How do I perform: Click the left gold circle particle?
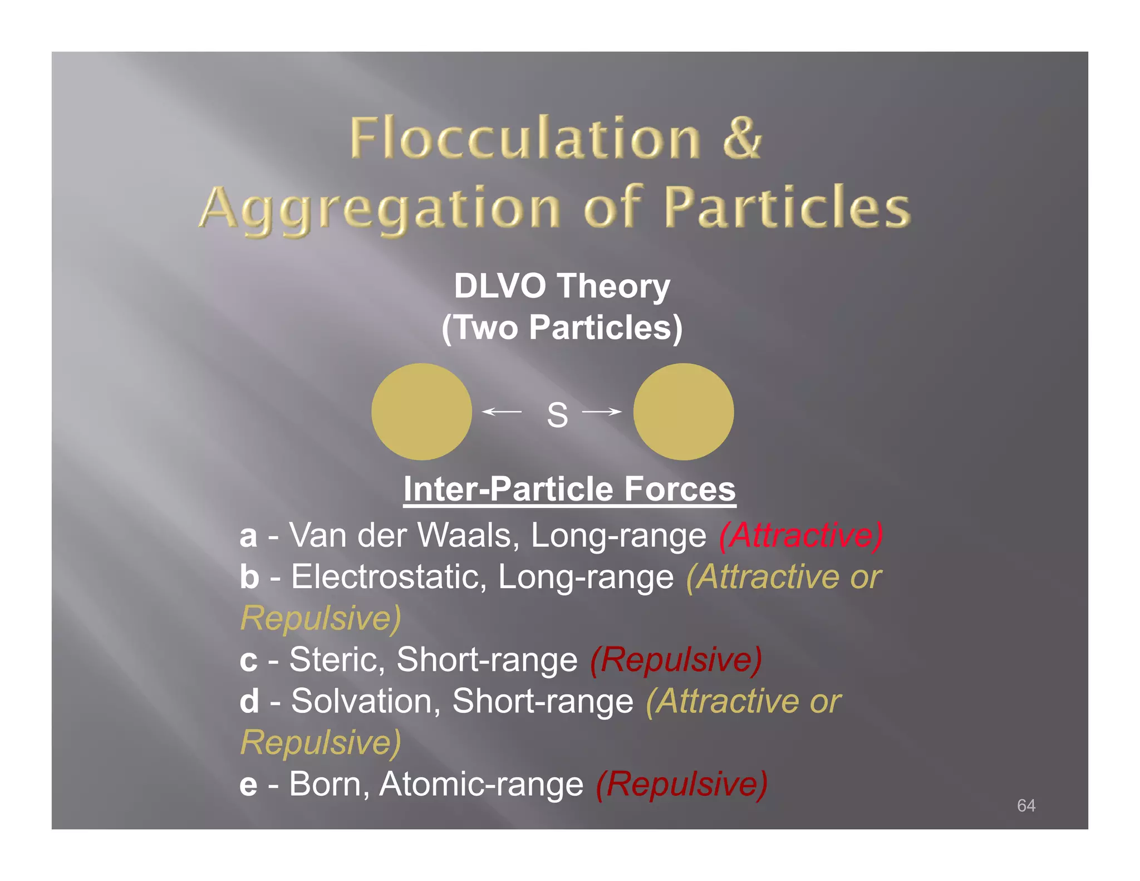421,412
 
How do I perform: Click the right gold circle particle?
683,412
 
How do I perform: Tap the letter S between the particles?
557,415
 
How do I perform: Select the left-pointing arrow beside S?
502,412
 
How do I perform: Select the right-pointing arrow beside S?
602,412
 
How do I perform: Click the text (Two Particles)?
562,327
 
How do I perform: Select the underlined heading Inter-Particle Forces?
569,489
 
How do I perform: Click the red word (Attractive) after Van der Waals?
800,535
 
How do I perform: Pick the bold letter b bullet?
249,576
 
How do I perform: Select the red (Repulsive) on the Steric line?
676,659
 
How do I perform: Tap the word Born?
329,784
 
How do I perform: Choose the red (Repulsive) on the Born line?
681,784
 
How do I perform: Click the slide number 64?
1026,805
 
